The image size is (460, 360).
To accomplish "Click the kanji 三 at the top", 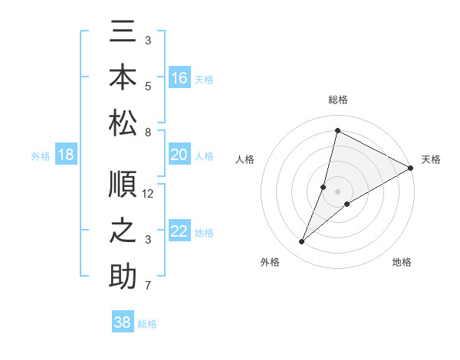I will [x=123, y=34].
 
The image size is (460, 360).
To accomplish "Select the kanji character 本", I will [x=123, y=77].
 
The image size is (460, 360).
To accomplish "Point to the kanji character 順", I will [x=123, y=186].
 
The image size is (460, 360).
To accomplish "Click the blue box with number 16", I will [x=179, y=78].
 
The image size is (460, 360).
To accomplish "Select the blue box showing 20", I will [x=179, y=155].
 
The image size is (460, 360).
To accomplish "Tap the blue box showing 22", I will [x=179, y=232].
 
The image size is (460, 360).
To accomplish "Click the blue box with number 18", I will [x=66, y=155].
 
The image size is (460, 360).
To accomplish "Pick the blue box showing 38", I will [x=123, y=322].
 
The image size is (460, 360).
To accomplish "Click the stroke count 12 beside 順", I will [x=149, y=194].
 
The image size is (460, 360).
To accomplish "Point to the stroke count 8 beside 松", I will [x=148, y=132].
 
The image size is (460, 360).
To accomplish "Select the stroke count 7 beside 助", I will [x=148, y=286].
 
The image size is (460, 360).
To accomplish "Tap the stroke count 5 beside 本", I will [x=148, y=86].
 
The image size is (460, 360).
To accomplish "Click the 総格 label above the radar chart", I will [x=337, y=100].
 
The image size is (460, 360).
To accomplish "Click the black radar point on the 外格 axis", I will [x=301, y=242].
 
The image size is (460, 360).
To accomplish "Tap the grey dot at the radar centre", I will [x=337, y=191].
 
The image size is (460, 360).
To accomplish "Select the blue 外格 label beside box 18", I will [x=41, y=156].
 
